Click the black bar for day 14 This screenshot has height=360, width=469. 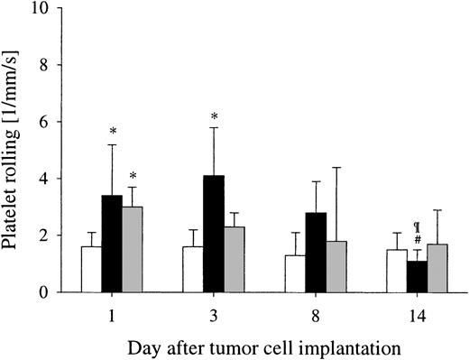pyautogui.click(x=418, y=276)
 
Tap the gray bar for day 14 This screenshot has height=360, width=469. pyautogui.click(x=438, y=268)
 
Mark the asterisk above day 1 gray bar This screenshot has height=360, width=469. pyautogui.click(x=132, y=177)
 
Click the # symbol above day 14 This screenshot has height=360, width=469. pyautogui.click(x=418, y=239)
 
